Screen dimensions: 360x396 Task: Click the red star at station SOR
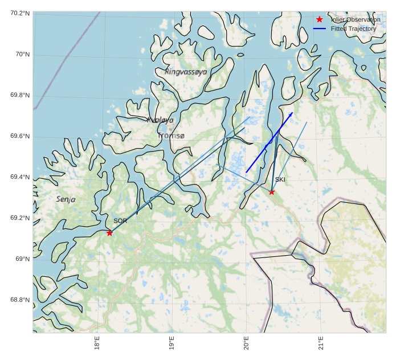[109, 233]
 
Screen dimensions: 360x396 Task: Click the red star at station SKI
[272, 192]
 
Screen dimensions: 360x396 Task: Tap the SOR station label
[120, 221]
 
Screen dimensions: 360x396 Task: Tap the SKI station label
[280, 180]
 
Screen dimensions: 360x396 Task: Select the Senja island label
[66, 199]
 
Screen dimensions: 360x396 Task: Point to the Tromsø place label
[172, 136]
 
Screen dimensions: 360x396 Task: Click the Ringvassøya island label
[186, 72]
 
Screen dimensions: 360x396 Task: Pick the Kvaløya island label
[160, 120]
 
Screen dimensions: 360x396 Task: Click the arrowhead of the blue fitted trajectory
[292, 113]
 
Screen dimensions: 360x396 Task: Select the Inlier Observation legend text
[356, 20]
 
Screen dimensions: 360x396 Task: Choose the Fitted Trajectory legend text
[353, 28]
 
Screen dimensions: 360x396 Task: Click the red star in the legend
[319, 20]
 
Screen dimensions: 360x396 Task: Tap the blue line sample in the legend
[319, 28]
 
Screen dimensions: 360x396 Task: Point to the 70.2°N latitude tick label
[20, 13]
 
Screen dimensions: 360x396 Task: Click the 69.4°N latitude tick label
[20, 177]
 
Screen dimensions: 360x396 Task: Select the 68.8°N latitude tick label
[20, 300]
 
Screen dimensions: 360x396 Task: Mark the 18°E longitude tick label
[97, 345]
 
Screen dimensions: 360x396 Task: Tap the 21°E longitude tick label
[321, 345]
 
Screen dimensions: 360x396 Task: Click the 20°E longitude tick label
[246, 345]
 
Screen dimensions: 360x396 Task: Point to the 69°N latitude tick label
[22, 259]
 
